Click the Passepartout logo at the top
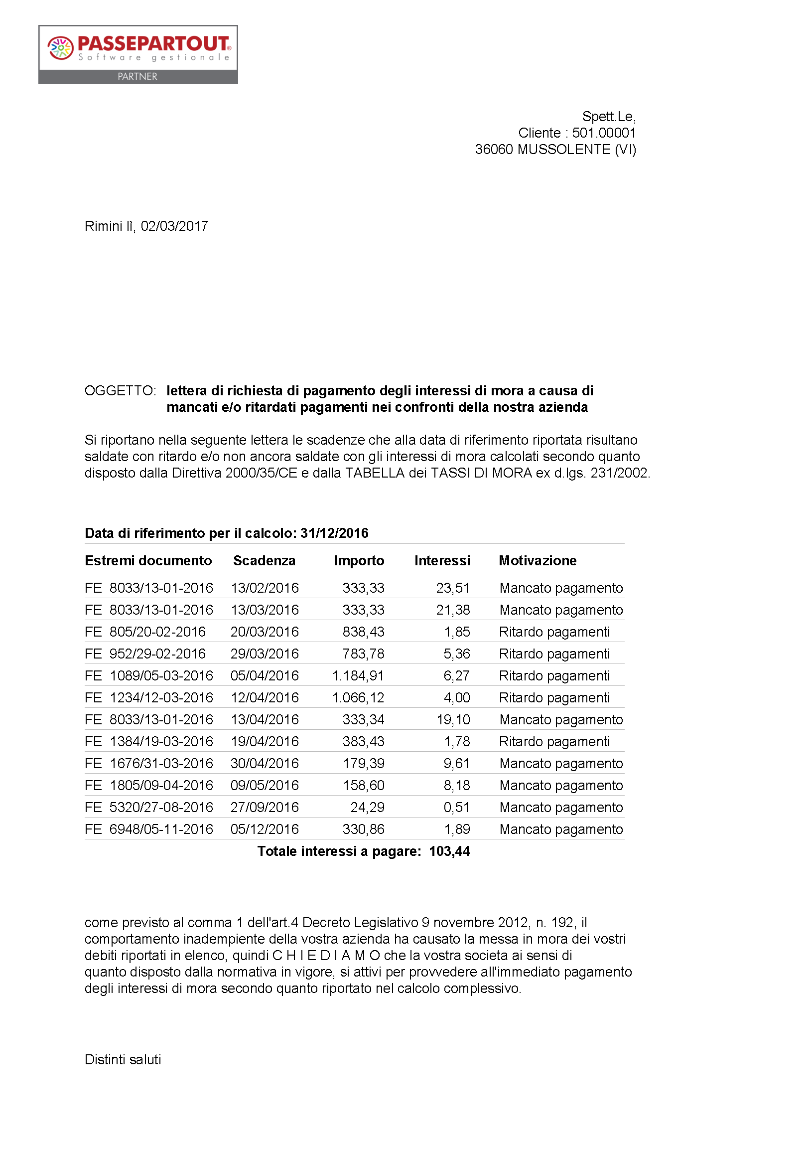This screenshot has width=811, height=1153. [138, 54]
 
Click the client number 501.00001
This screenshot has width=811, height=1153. [604, 133]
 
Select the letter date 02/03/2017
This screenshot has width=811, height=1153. [174, 226]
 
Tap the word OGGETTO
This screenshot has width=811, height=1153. [120, 390]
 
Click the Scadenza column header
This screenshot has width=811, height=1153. [264, 560]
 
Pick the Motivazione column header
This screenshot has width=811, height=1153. [538, 560]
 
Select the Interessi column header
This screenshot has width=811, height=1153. [442, 560]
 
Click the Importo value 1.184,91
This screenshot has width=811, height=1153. [358, 675]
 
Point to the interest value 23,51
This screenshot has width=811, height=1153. [453, 588]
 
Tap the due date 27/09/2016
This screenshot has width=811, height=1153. [265, 807]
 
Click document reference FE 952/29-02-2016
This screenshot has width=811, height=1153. [145, 654]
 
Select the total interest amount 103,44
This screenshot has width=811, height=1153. [449, 851]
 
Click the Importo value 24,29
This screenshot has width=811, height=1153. [367, 807]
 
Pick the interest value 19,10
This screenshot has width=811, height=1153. [453, 719]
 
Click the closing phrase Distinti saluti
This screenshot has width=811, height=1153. [123, 1060]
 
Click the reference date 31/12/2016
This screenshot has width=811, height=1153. [334, 533]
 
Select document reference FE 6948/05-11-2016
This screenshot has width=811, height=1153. [148, 829]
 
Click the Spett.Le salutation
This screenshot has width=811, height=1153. [609, 117]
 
